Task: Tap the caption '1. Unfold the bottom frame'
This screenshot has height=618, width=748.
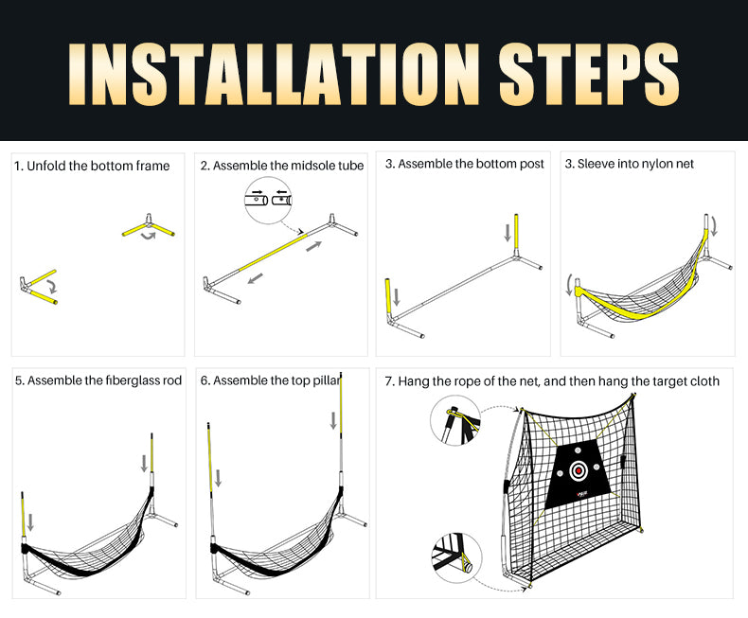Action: [92, 166]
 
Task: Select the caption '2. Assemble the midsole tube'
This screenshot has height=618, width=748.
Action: [281, 166]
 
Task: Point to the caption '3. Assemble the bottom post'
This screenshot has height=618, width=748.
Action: [464, 164]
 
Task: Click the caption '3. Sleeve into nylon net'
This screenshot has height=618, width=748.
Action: [629, 164]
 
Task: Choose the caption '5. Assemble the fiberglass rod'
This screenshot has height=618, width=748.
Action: [98, 380]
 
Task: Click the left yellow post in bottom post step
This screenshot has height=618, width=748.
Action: [388, 296]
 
